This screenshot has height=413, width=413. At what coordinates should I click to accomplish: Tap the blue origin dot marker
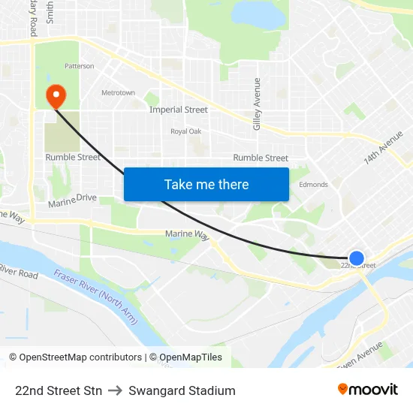pyautogui.click(x=357, y=258)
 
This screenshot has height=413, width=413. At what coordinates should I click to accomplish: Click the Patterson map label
pyautogui.click(x=79, y=66)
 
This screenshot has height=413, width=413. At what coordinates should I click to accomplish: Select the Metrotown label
pyautogui.click(x=118, y=93)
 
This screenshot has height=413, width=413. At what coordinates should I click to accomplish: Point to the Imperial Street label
pyautogui.click(x=178, y=110)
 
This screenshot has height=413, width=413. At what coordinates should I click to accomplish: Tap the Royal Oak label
pyautogui.click(x=185, y=131)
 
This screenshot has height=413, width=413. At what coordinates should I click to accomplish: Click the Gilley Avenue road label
pyautogui.click(x=257, y=104)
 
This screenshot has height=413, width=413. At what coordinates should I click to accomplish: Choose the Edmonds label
pyautogui.click(x=313, y=185)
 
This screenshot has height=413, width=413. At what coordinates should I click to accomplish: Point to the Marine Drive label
pyautogui.click(x=73, y=200)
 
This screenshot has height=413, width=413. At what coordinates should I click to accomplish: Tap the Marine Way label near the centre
pyautogui.click(x=187, y=235)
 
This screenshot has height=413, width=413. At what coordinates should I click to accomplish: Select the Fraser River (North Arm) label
pyautogui.click(x=96, y=296)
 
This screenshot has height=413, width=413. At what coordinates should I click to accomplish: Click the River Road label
pyautogui.click(x=18, y=271)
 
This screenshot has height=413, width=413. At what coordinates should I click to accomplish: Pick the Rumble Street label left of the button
pyautogui.click(x=73, y=158)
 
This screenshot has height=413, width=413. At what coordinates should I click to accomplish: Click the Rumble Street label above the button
pyautogui.click(x=261, y=158)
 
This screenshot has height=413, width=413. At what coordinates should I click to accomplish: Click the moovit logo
pyautogui.click(x=368, y=390)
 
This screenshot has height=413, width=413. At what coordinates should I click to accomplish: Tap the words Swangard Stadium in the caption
pyautogui.click(x=182, y=390)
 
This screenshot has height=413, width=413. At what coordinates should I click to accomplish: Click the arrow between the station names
pyautogui.click(x=115, y=390)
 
